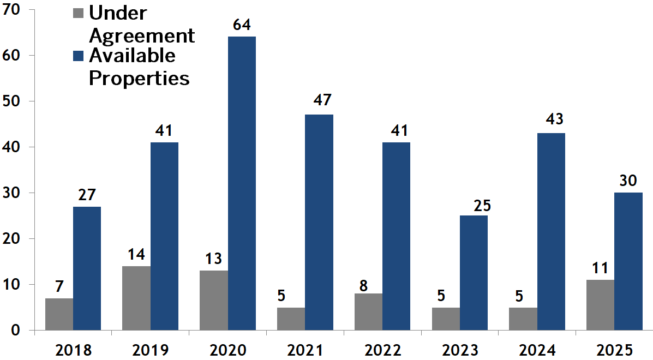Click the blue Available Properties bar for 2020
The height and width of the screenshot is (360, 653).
point(242,183)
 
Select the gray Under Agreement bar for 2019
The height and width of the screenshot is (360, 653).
point(136,298)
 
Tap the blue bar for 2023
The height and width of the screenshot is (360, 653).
point(474,273)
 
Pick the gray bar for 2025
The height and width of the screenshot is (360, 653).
point(600,305)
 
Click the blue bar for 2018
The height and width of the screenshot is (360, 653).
point(87,268)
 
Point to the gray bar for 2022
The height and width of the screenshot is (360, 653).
point(368,311)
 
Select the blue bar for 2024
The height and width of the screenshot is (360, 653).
point(551,231)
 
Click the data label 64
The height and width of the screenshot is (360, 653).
point(242,25)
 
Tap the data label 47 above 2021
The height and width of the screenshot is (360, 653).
point(319,101)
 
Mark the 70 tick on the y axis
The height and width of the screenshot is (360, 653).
point(13,9)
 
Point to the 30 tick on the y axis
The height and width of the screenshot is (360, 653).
point(13,193)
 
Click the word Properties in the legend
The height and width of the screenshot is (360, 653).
point(139,78)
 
